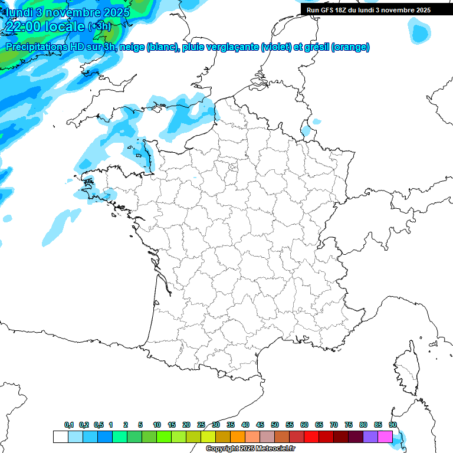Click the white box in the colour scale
click(60, 436)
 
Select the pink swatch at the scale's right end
click(385, 436)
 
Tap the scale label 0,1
click(69, 425)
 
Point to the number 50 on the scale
click(275, 425)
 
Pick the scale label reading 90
click(393, 425)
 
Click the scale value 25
click(201, 425)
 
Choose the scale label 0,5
click(99, 425)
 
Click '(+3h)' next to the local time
click(100, 27)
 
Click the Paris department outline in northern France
click(233, 168)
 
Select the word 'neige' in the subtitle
click(132, 47)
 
